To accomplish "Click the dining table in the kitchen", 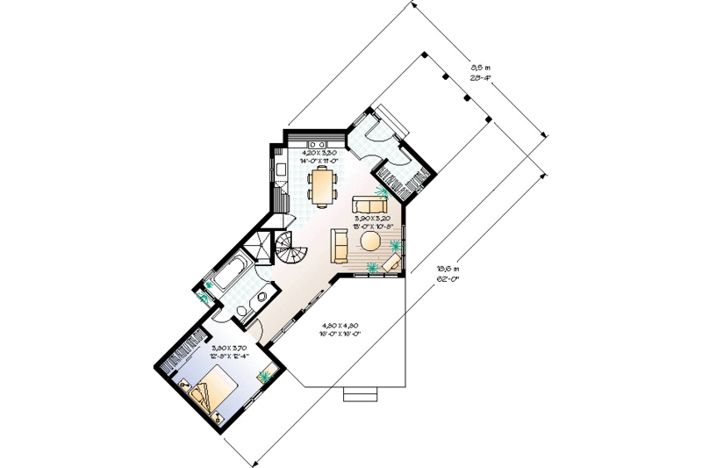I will [322, 185].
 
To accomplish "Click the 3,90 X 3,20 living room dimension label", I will [371, 220].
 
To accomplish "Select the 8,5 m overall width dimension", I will [479, 71].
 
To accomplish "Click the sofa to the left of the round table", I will [339, 246].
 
